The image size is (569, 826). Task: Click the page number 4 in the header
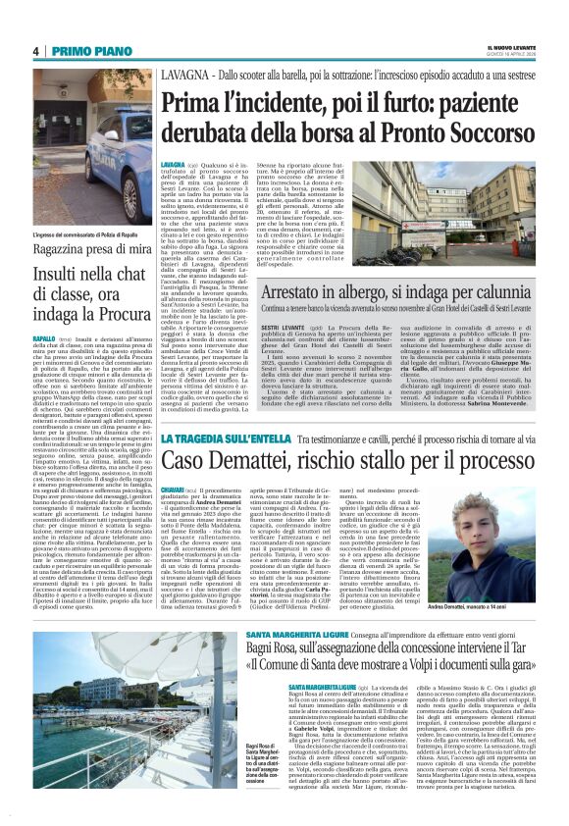(35, 51)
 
